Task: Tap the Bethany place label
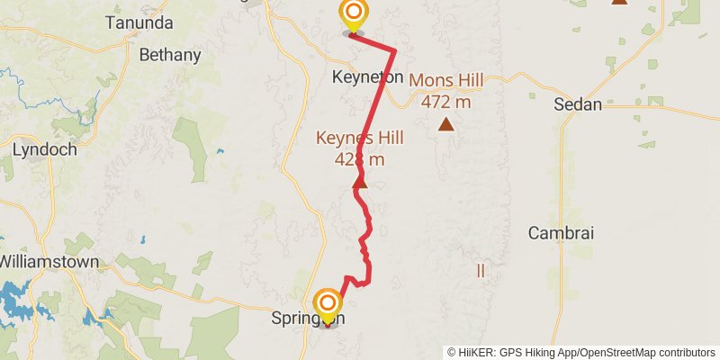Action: click(170, 55)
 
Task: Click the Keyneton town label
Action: click(367, 77)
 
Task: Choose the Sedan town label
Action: click(579, 104)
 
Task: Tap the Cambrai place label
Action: click(561, 232)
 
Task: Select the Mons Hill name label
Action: click(446, 80)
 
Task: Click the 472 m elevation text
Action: click(446, 102)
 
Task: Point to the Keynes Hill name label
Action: click(359, 138)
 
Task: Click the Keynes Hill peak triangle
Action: click(359, 183)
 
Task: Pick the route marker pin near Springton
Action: click(328, 304)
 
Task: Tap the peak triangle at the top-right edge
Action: click(619, 2)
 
